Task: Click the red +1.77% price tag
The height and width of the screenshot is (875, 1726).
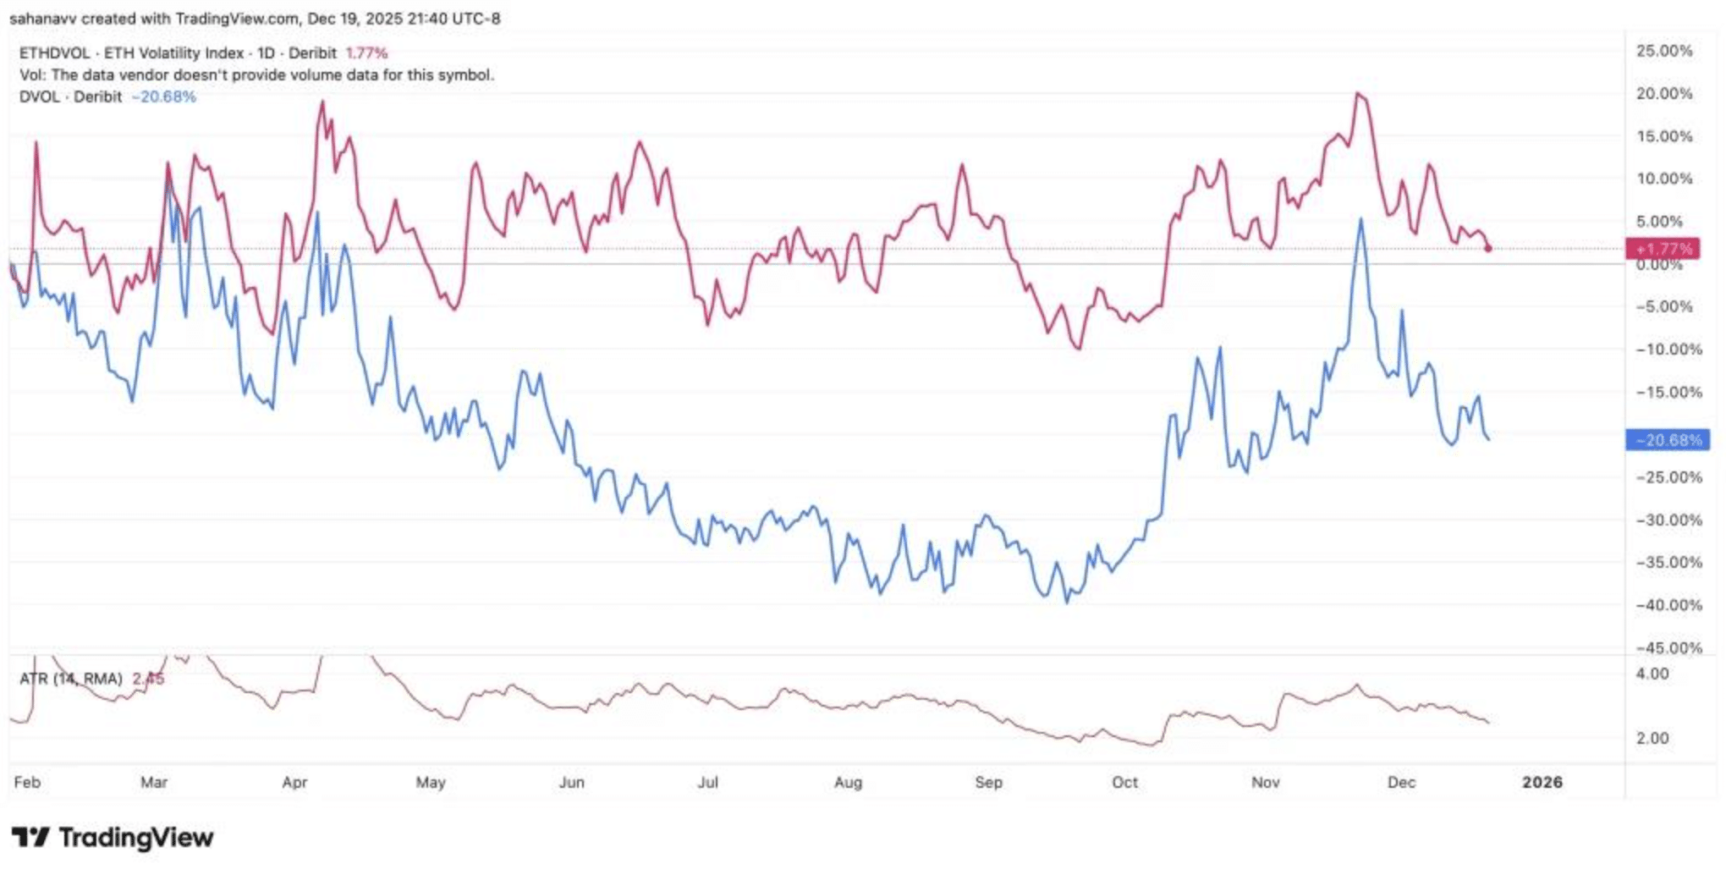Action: click(1663, 249)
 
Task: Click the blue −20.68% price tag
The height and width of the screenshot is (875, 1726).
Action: click(1667, 440)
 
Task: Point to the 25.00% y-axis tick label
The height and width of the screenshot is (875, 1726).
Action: click(1663, 51)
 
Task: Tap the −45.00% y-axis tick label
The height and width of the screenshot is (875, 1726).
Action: click(1668, 648)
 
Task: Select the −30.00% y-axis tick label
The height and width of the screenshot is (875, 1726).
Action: click(1668, 520)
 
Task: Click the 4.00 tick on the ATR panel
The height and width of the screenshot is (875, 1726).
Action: click(1652, 674)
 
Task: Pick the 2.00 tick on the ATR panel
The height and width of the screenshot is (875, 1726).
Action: click(1652, 739)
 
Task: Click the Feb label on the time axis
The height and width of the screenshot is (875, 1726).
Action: click(27, 783)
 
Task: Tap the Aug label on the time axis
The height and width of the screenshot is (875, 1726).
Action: click(848, 783)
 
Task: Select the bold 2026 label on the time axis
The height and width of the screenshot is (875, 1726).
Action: click(1542, 783)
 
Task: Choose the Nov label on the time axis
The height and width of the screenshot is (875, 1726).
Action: click(1265, 783)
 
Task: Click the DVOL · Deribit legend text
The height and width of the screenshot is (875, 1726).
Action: click(70, 97)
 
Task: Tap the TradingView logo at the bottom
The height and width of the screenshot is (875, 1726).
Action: click(113, 838)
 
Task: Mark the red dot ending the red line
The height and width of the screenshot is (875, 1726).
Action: click(1488, 248)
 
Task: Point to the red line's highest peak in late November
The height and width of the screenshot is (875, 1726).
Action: click(1357, 94)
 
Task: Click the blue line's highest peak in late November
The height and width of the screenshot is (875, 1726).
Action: click(1360, 219)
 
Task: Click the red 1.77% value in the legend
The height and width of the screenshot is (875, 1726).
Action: click(366, 53)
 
